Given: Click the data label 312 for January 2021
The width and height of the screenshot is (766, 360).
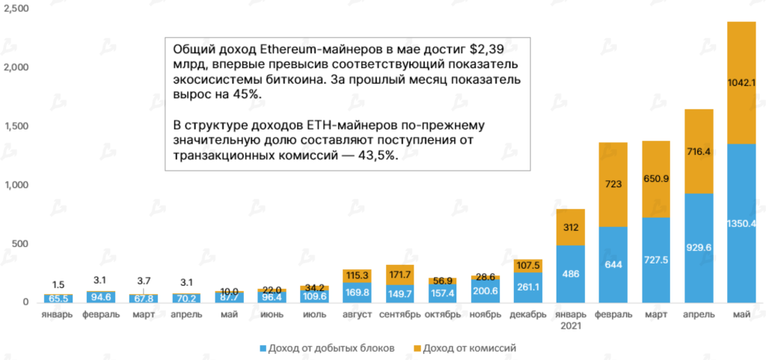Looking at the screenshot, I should [x=571, y=228].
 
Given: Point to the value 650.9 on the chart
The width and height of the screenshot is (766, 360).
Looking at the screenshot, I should [x=655, y=179].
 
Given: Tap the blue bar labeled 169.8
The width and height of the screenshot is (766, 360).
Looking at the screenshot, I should [x=358, y=293].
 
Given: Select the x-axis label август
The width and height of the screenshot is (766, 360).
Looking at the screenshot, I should [x=358, y=314].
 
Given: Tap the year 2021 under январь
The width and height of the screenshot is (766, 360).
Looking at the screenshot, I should [x=571, y=326].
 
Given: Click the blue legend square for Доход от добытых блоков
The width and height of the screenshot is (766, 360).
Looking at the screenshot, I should [x=262, y=348].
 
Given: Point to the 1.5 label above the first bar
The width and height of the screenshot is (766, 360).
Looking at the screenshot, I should [x=58, y=284].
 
